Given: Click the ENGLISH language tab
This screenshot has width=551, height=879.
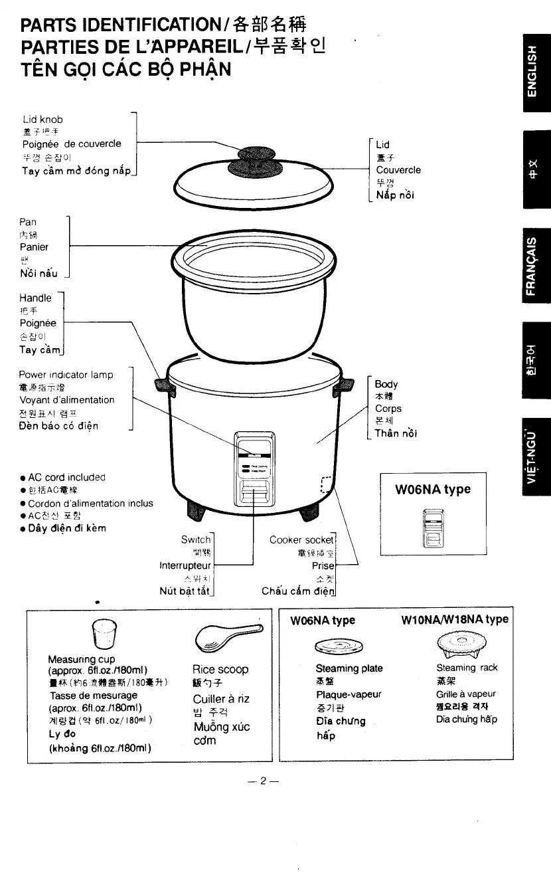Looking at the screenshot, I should point(536,68).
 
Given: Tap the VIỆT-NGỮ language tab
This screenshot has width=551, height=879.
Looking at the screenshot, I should point(536,458).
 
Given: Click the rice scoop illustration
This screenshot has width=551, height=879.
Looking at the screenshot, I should point(225,638).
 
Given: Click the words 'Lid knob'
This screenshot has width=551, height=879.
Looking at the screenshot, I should point(42,119).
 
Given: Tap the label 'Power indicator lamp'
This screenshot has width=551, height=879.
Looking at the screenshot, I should point(66,374).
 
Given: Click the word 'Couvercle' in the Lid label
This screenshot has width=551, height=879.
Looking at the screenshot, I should point(398,169).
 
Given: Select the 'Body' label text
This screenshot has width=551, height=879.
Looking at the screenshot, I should point(386,384).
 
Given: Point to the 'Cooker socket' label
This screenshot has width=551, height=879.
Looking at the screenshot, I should point(302,539).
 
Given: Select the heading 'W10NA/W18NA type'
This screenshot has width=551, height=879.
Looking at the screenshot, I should point(455,619).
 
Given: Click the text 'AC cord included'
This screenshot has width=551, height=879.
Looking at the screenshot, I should point(67,477).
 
